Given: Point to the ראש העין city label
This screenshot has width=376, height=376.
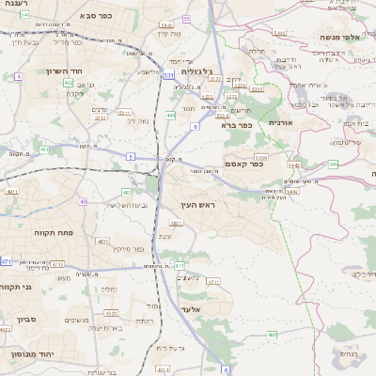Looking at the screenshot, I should (196, 205).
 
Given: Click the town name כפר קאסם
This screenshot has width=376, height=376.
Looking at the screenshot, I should (243, 163).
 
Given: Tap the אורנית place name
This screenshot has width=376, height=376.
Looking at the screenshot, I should (281, 122).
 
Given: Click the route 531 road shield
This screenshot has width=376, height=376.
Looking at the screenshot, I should (168, 73).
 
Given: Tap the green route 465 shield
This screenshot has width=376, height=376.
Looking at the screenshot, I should (270, 334).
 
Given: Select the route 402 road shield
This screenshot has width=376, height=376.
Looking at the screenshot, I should (69, 83).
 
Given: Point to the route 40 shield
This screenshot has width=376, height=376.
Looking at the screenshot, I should (84, 201).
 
